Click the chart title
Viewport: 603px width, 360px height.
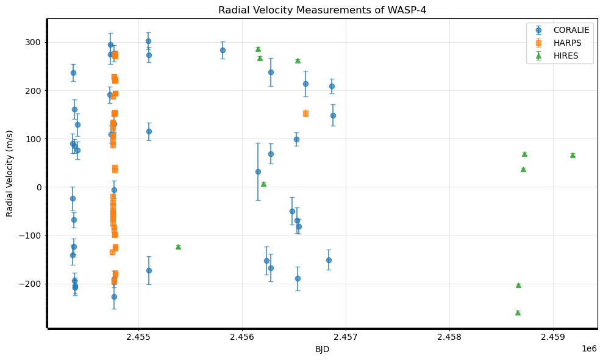pyautogui.click(x=322, y=10)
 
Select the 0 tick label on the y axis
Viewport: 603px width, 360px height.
pyautogui.click(x=39, y=187)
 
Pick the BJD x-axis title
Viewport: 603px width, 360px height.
pyautogui.click(x=322, y=349)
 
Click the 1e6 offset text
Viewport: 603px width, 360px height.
pyautogui.click(x=588, y=348)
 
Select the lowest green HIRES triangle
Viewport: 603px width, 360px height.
pyautogui.click(x=518, y=312)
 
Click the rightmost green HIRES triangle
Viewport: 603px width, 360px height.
pyautogui.click(x=573, y=155)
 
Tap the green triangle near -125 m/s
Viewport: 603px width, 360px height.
pyautogui.click(x=178, y=247)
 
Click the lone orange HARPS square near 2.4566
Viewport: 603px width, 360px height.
pyautogui.click(x=305, y=113)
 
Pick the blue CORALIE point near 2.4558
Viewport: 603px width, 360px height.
pyautogui.click(x=223, y=50)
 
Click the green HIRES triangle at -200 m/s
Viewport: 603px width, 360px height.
pyautogui.click(x=518, y=285)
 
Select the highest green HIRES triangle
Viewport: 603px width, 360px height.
pyautogui.click(x=258, y=49)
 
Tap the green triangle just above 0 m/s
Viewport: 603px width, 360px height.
pyautogui.click(x=263, y=184)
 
